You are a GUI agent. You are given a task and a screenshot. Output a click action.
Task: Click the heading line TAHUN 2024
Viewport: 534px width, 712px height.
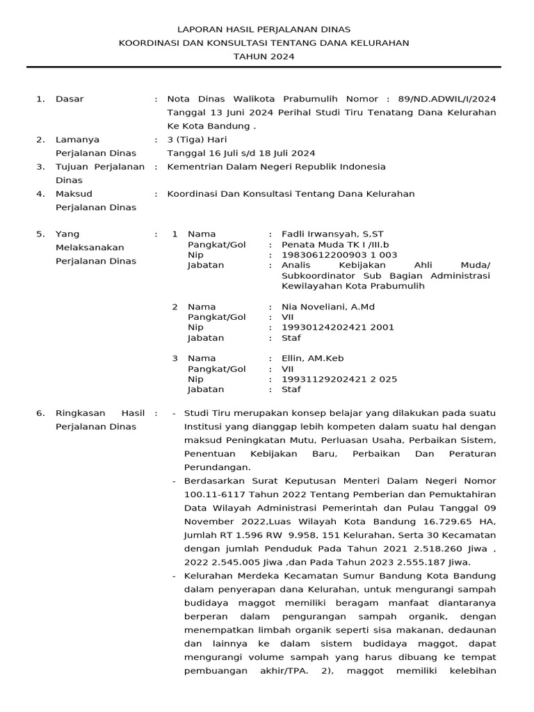(264, 56)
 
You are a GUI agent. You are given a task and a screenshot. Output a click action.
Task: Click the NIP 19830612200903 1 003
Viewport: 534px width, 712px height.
(339, 254)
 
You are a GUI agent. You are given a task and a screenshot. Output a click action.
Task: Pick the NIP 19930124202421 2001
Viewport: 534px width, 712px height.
(338, 327)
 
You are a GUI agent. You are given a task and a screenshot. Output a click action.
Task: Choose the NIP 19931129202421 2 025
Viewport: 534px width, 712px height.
(339, 379)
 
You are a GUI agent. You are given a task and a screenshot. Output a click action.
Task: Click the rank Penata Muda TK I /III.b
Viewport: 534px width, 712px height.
(335, 244)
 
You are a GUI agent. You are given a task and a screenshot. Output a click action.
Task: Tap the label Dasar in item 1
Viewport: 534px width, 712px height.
(70, 99)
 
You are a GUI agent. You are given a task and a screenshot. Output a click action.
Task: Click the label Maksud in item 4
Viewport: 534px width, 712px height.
(74, 193)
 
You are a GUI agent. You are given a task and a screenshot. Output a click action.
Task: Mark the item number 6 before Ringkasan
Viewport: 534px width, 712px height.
(39, 413)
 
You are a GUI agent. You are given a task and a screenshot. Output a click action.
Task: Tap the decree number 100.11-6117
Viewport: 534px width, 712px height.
(216, 494)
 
